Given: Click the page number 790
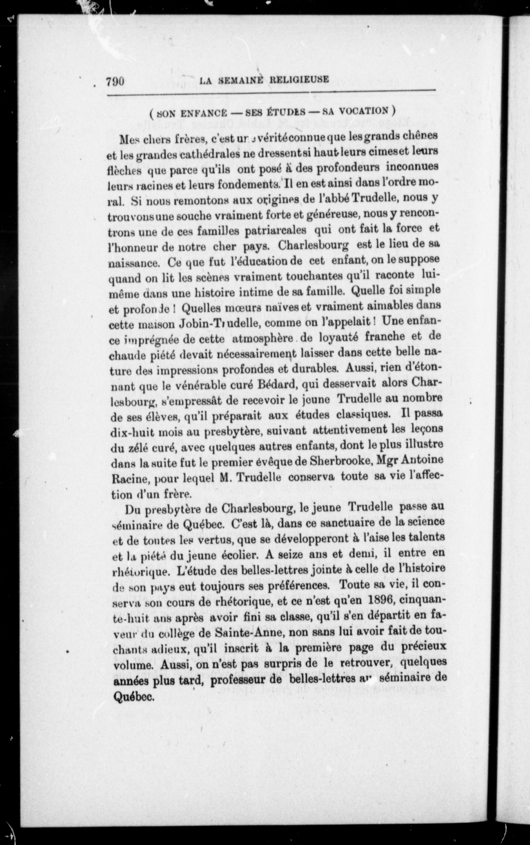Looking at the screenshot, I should point(115,81).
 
